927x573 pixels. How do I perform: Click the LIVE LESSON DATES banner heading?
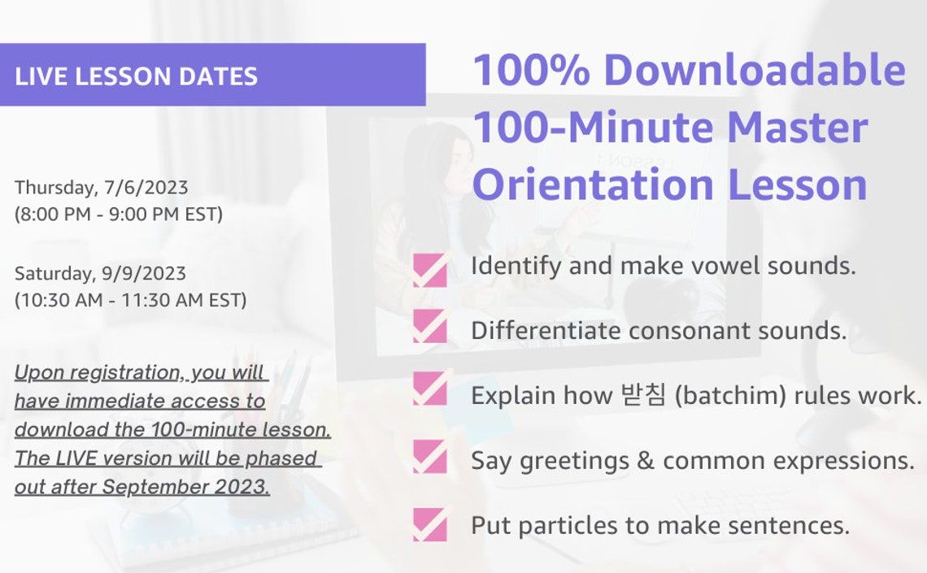[136, 76]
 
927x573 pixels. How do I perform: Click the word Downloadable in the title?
[754, 70]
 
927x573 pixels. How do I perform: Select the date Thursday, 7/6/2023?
[101, 188]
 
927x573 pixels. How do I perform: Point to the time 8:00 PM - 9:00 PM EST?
[118, 215]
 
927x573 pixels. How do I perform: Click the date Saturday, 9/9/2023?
[100, 273]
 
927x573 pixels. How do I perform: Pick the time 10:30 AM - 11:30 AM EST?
[130, 300]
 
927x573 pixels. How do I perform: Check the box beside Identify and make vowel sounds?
[429, 270]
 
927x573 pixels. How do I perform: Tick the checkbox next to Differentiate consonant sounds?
[429, 327]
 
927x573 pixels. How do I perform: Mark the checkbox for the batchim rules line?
[429, 389]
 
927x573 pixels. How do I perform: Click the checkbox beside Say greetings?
[429, 456]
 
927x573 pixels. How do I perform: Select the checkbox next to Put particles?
[429, 524]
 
